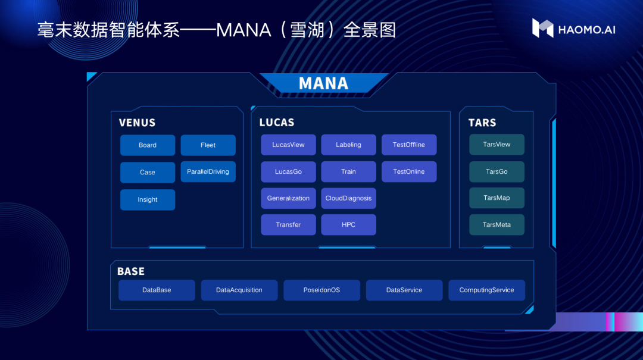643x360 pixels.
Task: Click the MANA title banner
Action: (323, 83)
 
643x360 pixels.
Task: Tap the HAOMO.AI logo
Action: (573, 29)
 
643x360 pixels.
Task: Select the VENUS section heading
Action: (137, 123)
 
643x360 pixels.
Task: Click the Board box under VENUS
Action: (148, 145)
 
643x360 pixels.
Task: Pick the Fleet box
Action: (208, 145)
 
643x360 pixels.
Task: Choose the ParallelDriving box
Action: (208, 172)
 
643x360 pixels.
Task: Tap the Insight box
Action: (148, 200)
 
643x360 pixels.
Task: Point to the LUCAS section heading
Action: (277, 123)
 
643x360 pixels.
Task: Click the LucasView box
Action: (288, 145)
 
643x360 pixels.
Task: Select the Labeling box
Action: (348, 145)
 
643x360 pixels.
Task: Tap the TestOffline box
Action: (409, 145)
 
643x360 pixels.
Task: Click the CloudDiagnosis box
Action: (348, 198)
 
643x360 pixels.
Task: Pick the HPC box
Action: (348, 225)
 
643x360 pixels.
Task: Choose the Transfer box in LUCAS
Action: (288, 225)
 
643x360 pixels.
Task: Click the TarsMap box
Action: (497, 198)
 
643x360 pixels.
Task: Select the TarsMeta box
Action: (497, 225)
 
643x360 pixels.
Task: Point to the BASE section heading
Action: (131, 271)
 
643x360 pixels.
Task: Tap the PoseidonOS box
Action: (321, 290)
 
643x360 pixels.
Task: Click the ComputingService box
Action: (486, 290)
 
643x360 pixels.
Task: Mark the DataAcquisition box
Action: (239, 290)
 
